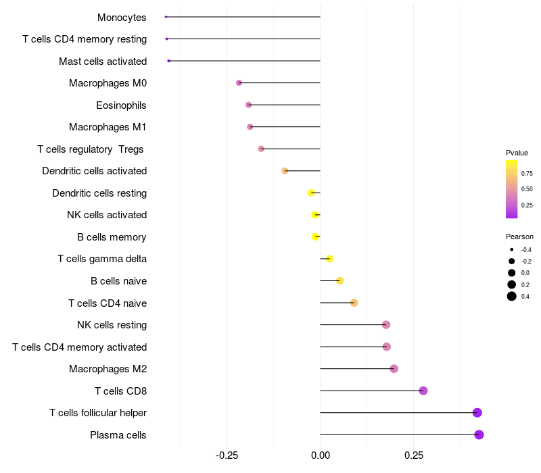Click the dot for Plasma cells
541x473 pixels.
click(479, 434)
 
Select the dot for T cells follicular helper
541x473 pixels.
click(477, 413)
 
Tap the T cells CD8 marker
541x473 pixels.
click(423, 391)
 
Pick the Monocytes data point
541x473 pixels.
click(166, 17)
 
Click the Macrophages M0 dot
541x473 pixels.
click(239, 83)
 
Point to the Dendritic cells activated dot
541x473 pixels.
click(285, 171)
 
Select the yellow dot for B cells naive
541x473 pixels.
click(340, 281)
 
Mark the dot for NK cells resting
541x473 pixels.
click(386, 325)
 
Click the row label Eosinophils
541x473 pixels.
click(121, 105)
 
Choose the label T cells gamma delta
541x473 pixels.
click(102, 259)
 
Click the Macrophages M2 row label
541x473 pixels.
click(108, 369)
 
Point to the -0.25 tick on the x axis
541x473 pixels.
click(227, 455)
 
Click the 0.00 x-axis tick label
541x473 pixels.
click(320, 455)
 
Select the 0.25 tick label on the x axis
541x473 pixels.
click(414, 455)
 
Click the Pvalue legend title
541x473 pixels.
click(517, 153)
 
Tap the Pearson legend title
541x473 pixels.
click(519, 237)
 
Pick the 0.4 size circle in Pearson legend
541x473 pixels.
click(512, 296)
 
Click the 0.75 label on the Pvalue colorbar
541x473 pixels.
click(526, 174)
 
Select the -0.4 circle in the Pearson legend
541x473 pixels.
click(512, 250)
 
